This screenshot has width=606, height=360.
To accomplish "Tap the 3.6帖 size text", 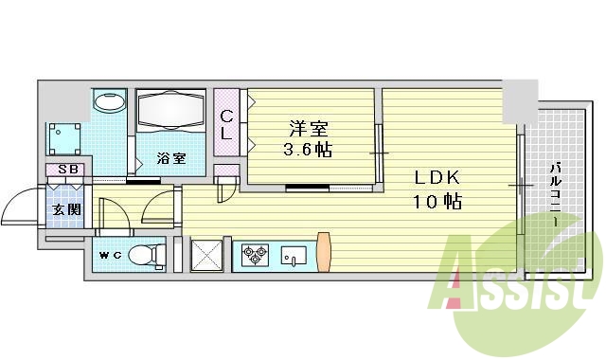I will [308, 150].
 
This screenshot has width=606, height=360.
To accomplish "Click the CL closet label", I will [226, 125].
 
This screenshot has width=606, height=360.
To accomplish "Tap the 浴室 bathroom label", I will [170, 158].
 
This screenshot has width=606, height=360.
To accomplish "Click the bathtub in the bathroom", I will [170, 113].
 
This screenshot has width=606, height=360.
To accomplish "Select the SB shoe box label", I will [67, 171].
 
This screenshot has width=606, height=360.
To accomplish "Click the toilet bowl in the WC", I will [143, 256].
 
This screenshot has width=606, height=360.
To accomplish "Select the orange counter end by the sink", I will [324, 252].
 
